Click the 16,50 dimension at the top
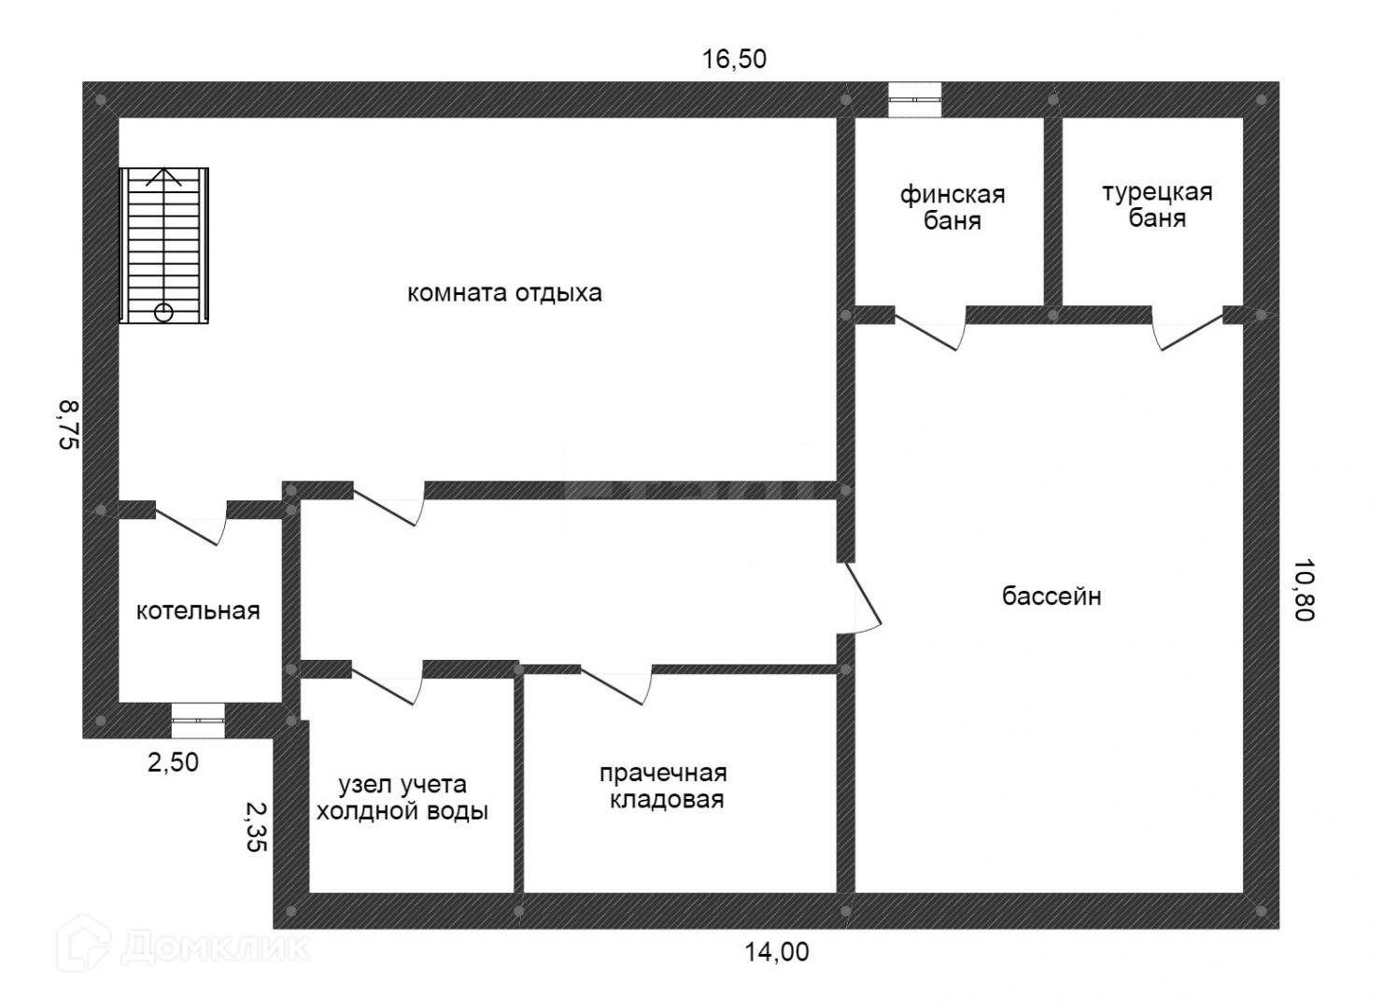coord(734,59)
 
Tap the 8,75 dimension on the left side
coord(69,425)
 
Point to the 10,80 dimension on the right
coord(1304,590)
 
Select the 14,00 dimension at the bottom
coord(776,952)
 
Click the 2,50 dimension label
coord(173,763)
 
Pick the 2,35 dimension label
coord(256,827)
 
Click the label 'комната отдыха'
coord(504,292)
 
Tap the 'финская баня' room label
coord(953,207)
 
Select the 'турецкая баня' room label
coord(1157,205)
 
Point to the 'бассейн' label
coord(1051,595)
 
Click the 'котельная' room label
coord(198,610)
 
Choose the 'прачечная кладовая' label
coord(664,786)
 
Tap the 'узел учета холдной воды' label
coord(402,797)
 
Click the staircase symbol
coord(163,245)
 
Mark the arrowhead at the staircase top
coord(163,176)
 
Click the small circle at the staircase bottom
coord(163,313)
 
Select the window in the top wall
coord(914,99)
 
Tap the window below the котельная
coord(198,721)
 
